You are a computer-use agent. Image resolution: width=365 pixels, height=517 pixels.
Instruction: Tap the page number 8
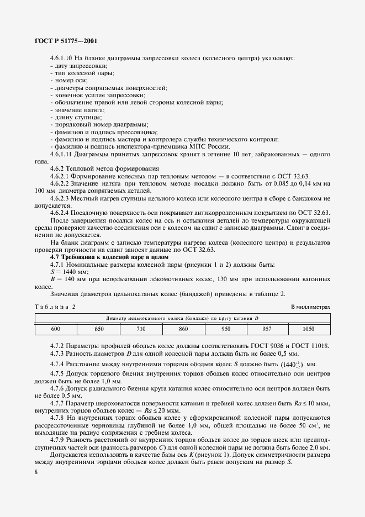tap(36, 474)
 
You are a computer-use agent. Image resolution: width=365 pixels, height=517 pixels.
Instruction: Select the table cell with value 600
tap(56, 329)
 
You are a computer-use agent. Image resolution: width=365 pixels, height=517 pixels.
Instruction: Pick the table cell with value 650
tap(98, 329)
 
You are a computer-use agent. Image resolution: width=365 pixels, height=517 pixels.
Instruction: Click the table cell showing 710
tap(140, 329)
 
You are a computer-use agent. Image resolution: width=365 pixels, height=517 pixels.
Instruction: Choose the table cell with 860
tap(183, 329)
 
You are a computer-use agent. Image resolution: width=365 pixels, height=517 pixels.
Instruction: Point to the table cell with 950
tap(225, 329)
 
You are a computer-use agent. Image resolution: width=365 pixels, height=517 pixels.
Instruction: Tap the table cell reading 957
tap(267, 329)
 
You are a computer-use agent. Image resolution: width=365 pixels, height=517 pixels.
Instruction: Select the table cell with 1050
tap(309, 329)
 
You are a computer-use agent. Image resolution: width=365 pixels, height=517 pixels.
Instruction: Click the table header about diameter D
tap(183, 318)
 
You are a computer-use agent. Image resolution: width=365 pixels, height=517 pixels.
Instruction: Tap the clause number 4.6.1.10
tap(62, 58)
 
